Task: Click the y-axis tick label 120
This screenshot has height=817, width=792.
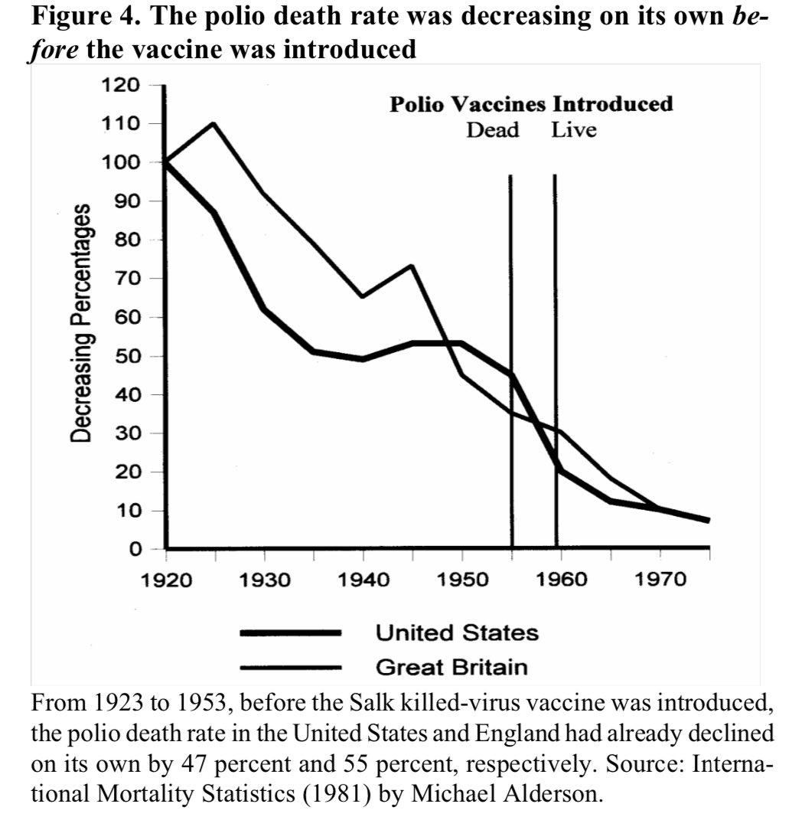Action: [122, 85]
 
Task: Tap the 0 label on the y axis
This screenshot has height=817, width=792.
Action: [135, 549]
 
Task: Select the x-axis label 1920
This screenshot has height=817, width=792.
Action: [166, 579]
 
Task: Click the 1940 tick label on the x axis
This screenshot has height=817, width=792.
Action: [363, 579]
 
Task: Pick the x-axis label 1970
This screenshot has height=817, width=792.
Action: [660, 579]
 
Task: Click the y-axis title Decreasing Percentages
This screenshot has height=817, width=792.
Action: [82, 323]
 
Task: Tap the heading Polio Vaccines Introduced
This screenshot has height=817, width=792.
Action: [531, 103]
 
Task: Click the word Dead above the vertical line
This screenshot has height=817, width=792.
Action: [493, 129]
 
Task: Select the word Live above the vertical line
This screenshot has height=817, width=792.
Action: [574, 129]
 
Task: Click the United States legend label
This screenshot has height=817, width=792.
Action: [457, 633]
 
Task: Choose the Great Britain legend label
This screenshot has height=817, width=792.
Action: [451, 667]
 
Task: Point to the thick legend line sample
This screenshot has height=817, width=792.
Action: [290, 633]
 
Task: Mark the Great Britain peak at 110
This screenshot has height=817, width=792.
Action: [213, 123]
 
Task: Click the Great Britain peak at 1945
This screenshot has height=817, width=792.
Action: [412, 266]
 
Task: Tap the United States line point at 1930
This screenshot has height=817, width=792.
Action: [264, 309]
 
